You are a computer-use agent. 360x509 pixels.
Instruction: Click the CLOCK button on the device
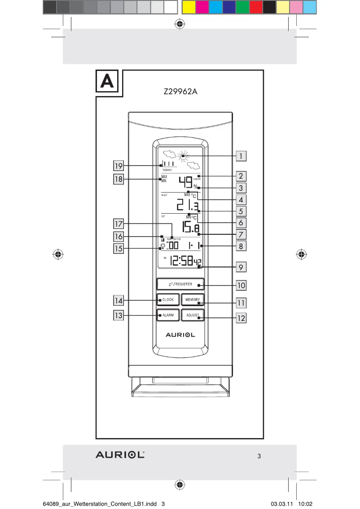(168, 300)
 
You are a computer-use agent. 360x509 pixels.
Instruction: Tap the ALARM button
(168, 316)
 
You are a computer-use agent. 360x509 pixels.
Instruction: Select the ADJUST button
(193, 316)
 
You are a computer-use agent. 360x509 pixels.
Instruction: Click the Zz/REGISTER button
(180, 285)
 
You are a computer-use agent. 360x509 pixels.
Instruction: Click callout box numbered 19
(119, 166)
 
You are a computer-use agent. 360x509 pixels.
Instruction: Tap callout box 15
(119, 248)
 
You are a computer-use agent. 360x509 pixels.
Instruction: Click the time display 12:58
(184, 262)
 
